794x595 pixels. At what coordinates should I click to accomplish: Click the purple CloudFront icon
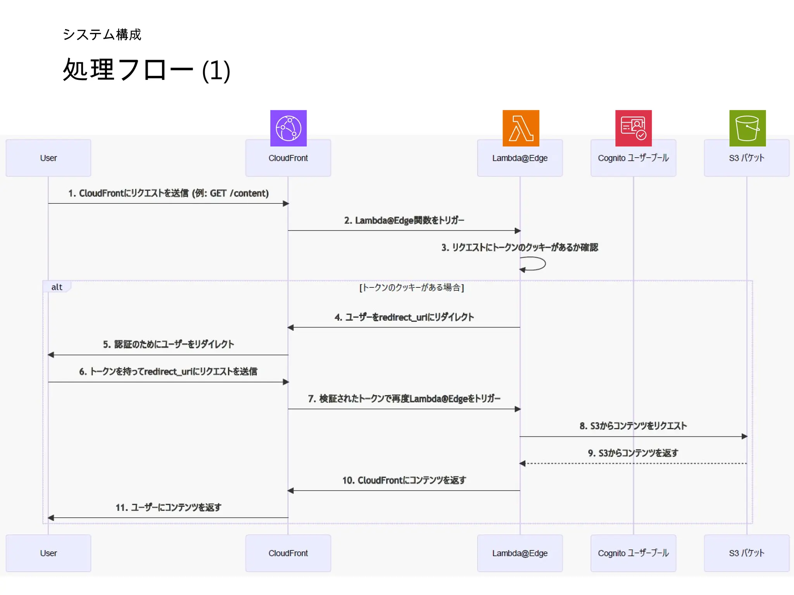point(288,128)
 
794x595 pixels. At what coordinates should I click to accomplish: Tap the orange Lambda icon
point(521,128)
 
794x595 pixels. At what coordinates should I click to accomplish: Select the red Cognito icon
point(633,128)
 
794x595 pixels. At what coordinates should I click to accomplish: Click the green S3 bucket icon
point(747,128)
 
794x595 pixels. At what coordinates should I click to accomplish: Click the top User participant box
point(48,158)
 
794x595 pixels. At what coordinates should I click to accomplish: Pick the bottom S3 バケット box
point(746,553)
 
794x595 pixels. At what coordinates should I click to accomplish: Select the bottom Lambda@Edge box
point(520,553)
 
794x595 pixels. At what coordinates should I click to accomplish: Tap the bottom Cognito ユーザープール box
point(633,553)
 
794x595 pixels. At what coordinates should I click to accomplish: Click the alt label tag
point(57,287)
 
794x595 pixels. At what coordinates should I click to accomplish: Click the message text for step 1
point(168,193)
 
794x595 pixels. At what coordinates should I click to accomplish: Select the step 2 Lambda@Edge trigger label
point(404,220)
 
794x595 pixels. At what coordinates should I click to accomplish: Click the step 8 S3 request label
point(633,426)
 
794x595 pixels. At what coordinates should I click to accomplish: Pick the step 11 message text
point(168,507)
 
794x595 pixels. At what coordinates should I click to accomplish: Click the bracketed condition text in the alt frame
point(411,287)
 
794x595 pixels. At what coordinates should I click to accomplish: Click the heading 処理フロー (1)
point(147,70)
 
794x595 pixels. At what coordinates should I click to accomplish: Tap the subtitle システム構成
point(102,34)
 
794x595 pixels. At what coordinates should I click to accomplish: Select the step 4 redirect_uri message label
point(404,317)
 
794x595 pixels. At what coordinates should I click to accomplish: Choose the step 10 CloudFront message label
point(404,480)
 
